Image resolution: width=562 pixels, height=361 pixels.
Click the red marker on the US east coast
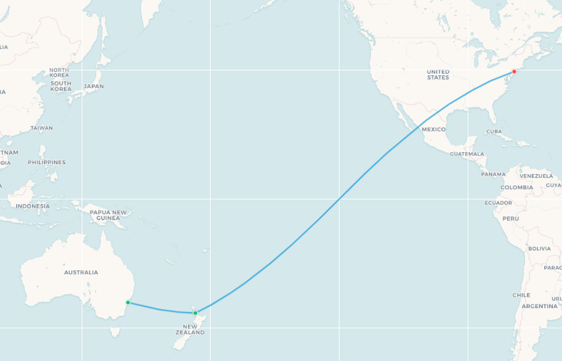(x=514, y=71)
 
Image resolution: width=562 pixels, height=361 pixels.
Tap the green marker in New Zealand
(x=196, y=313)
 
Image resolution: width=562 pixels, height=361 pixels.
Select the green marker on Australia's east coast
(x=128, y=303)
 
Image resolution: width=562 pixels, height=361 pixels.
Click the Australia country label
(x=81, y=272)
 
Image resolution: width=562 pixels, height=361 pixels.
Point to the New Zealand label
(x=190, y=330)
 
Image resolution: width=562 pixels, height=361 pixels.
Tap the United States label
(x=438, y=74)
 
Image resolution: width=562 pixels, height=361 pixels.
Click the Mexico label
(x=434, y=129)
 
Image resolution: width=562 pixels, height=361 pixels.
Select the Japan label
(x=94, y=86)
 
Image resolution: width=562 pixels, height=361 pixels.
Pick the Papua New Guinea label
(x=109, y=215)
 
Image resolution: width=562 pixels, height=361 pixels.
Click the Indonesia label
(x=33, y=206)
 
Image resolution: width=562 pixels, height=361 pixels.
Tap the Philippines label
(x=47, y=162)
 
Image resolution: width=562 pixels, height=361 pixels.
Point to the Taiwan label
(x=41, y=128)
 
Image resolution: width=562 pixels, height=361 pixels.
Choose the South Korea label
(x=61, y=86)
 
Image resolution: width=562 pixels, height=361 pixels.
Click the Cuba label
(x=494, y=131)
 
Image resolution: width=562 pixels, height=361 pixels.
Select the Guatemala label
(x=467, y=153)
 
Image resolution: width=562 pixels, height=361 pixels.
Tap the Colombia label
(x=517, y=187)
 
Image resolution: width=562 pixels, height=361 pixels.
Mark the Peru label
(x=510, y=218)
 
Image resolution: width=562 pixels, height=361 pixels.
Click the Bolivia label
(x=539, y=248)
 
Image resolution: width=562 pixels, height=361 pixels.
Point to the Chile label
(x=521, y=295)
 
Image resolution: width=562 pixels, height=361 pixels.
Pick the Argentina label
(x=539, y=306)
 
